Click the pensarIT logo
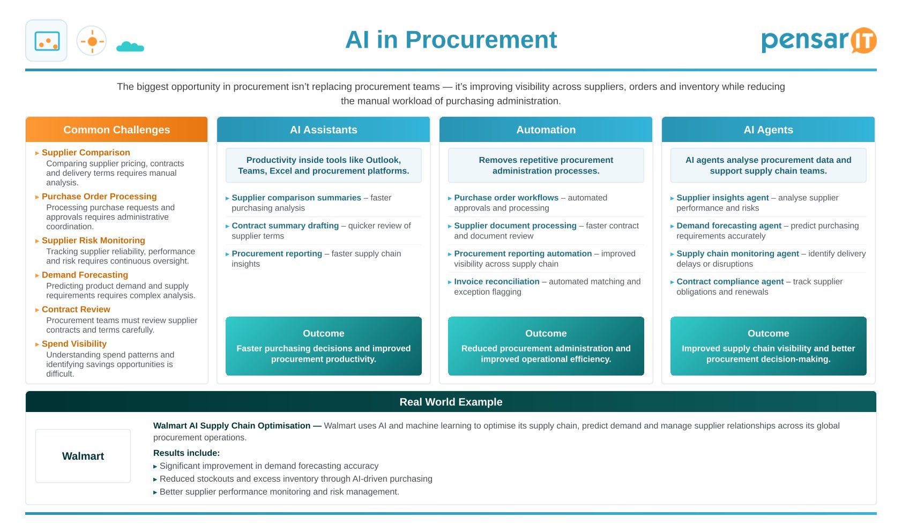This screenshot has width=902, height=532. tap(818, 41)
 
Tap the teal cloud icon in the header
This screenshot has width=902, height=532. tap(130, 47)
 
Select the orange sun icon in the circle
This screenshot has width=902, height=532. tap(92, 41)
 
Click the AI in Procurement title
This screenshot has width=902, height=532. tap(451, 40)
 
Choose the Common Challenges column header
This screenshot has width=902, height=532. tap(117, 130)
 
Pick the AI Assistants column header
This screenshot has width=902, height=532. tap(323, 130)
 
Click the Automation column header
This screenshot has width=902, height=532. tap(546, 130)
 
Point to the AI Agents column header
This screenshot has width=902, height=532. tap(768, 130)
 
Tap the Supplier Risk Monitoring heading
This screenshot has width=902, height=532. tap(93, 240)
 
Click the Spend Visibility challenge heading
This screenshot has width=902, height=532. tap(74, 343)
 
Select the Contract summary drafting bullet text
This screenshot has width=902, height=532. tap(285, 226)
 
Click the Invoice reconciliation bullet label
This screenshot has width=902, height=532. tap(496, 282)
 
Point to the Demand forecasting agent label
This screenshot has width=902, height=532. tap(729, 226)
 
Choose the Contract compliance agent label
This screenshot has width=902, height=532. tap(730, 282)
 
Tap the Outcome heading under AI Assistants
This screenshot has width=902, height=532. tap(323, 333)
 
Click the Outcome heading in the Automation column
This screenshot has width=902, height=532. tap(546, 333)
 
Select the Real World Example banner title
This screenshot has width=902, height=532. tap(451, 402)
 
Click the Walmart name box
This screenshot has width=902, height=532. tap(83, 456)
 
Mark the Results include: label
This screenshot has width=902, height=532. tap(187, 453)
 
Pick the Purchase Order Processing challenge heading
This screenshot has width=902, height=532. tap(99, 197)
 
